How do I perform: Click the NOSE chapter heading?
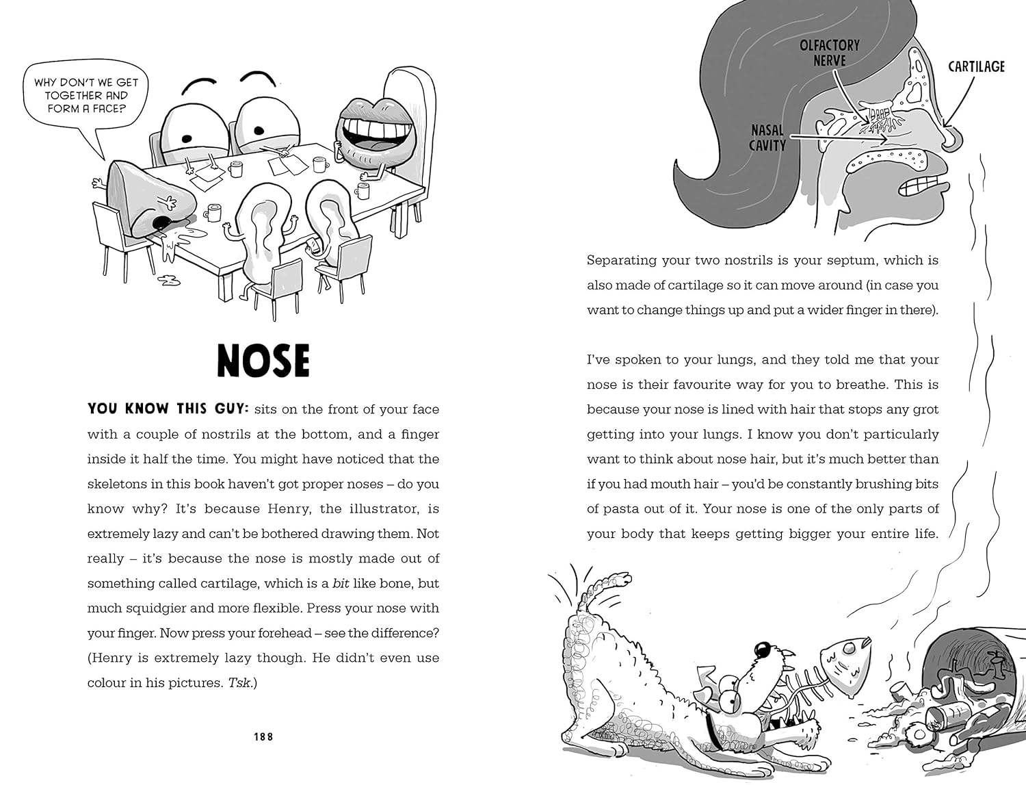coord(263,361)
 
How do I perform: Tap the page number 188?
coord(263,737)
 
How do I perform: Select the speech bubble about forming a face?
coord(85,95)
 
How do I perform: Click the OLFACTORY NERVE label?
coord(829,53)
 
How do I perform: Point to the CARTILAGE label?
coord(976,66)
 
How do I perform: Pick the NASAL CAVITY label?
coord(767,137)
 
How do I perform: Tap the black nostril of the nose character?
coord(161,222)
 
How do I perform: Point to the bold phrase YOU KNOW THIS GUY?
coord(167,409)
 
